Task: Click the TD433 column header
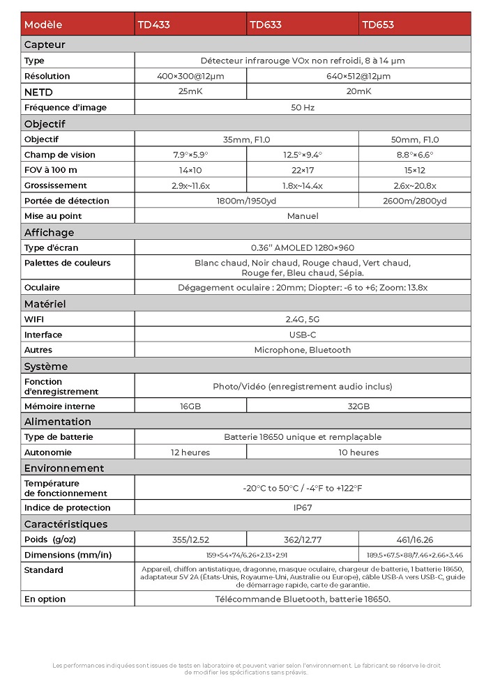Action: [154, 24]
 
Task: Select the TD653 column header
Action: [378, 24]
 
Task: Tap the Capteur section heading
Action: [45, 45]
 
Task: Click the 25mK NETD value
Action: [190, 91]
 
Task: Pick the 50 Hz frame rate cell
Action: [302, 107]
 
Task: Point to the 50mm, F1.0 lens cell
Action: [414, 139]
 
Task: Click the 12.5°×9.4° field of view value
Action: [302, 155]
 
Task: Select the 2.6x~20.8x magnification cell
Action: [414, 185]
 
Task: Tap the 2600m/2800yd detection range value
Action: [414, 201]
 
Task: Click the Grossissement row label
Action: [56, 185]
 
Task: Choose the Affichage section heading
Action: [49, 232]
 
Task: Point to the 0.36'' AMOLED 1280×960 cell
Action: [302, 247]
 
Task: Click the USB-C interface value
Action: [302, 335]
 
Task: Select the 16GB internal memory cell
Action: [190, 406]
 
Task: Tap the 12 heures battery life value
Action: [190, 452]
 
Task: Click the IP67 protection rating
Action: [302, 507]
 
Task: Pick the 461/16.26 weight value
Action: [414, 539]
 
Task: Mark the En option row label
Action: [45, 599]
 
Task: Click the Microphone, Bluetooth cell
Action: [302, 350]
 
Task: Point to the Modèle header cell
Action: [43, 24]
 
